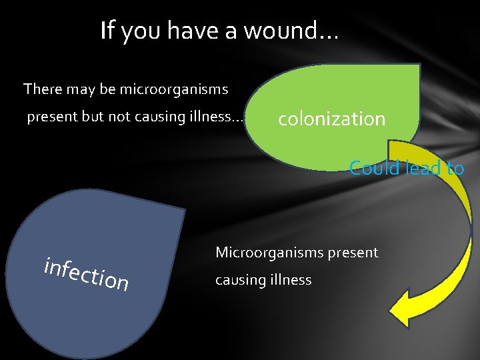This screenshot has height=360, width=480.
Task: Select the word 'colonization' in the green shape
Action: click(x=331, y=119)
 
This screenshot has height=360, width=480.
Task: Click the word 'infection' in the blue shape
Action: click(x=86, y=273)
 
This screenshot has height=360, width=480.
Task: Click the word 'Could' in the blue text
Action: click(x=370, y=168)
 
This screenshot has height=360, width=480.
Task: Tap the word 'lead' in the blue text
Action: click(x=419, y=168)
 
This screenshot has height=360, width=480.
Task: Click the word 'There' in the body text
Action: click(x=42, y=89)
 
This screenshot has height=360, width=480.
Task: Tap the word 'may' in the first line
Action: click(x=95, y=90)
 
